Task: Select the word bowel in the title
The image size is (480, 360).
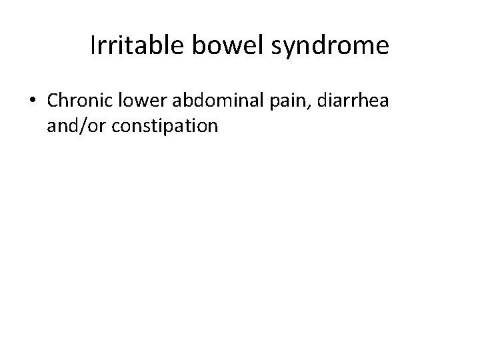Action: (x=221, y=46)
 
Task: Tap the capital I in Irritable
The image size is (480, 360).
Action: (x=93, y=45)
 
